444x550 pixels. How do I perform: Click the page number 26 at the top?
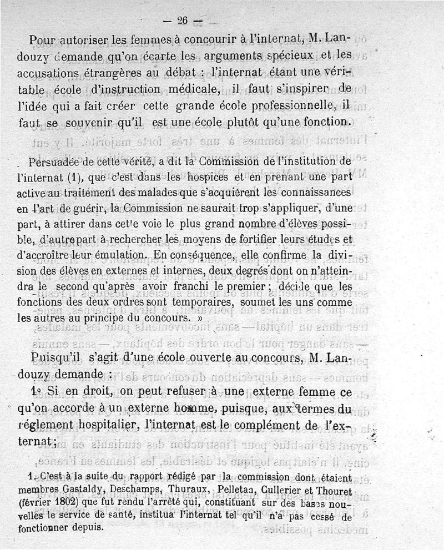[x=183, y=21]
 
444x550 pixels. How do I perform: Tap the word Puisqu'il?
[x=55, y=357]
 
